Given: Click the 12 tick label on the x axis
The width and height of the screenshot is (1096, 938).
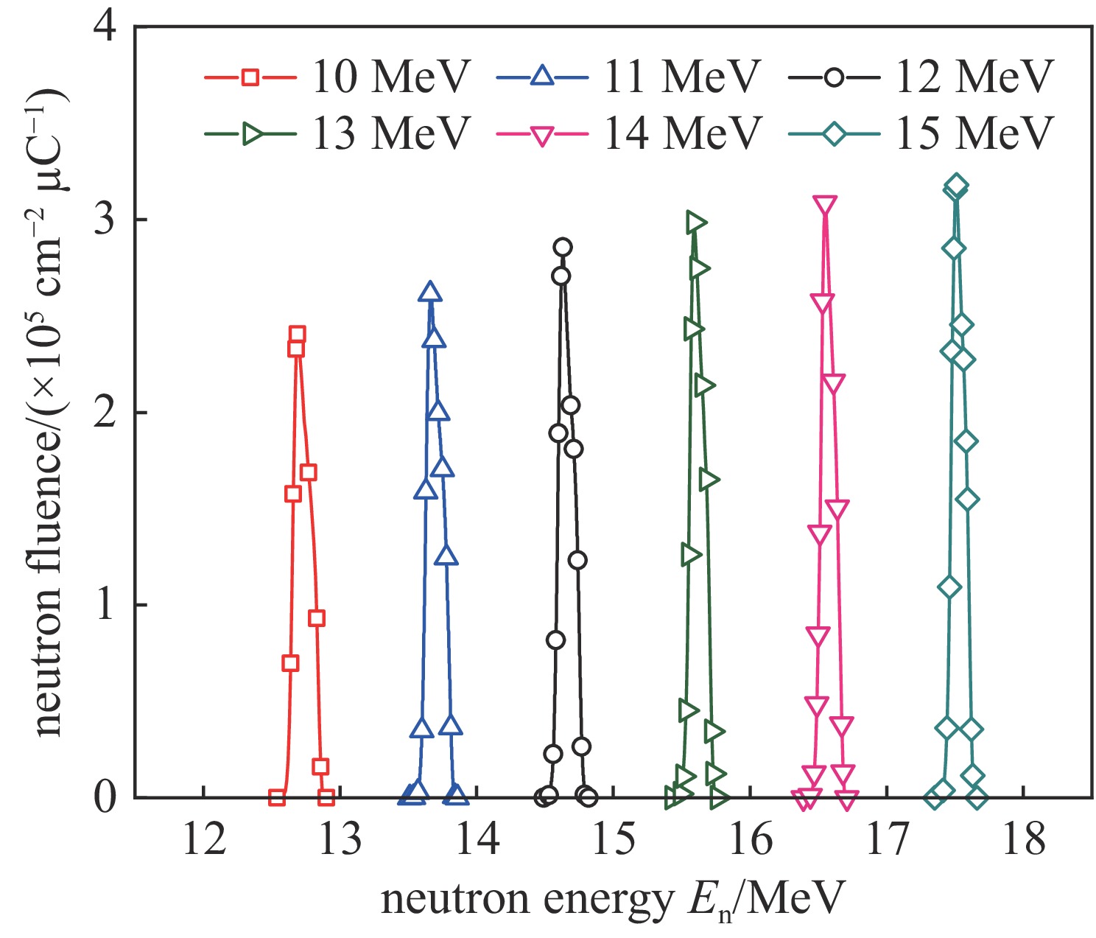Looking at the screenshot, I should pyautogui.click(x=203, y=839).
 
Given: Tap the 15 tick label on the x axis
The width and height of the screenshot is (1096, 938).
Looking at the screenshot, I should pyautogui.click(x=614, y=839).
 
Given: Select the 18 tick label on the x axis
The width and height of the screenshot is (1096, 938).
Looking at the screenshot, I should pyautogui.click(x=1023, y=839).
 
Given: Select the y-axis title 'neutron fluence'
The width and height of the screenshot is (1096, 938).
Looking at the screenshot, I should pyautogui.click(x=50, y=413).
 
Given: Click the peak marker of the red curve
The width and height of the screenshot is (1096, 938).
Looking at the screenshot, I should pyautogui.click(x=297, y=335).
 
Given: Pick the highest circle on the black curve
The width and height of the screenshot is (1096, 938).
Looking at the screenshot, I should pyautogui.click(x=563, y=247).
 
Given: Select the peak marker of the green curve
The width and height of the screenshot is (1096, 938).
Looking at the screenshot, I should pyautogui.click(x=695, y=222).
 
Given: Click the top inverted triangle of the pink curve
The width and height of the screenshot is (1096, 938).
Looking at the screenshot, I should pyautogui.click(x=825, y=206).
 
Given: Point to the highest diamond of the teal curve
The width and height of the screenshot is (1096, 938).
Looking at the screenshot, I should pyautogui.click(x=956, y=185).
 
